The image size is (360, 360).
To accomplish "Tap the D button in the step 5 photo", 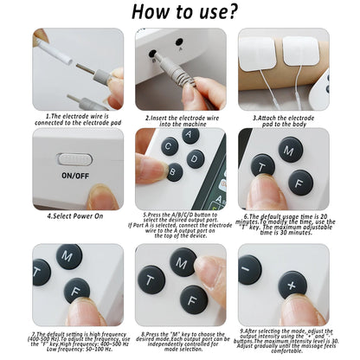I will pos(196,158).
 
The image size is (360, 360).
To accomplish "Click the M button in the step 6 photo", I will pos(291,150).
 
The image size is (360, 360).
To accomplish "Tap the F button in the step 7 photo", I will pos(77,290).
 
